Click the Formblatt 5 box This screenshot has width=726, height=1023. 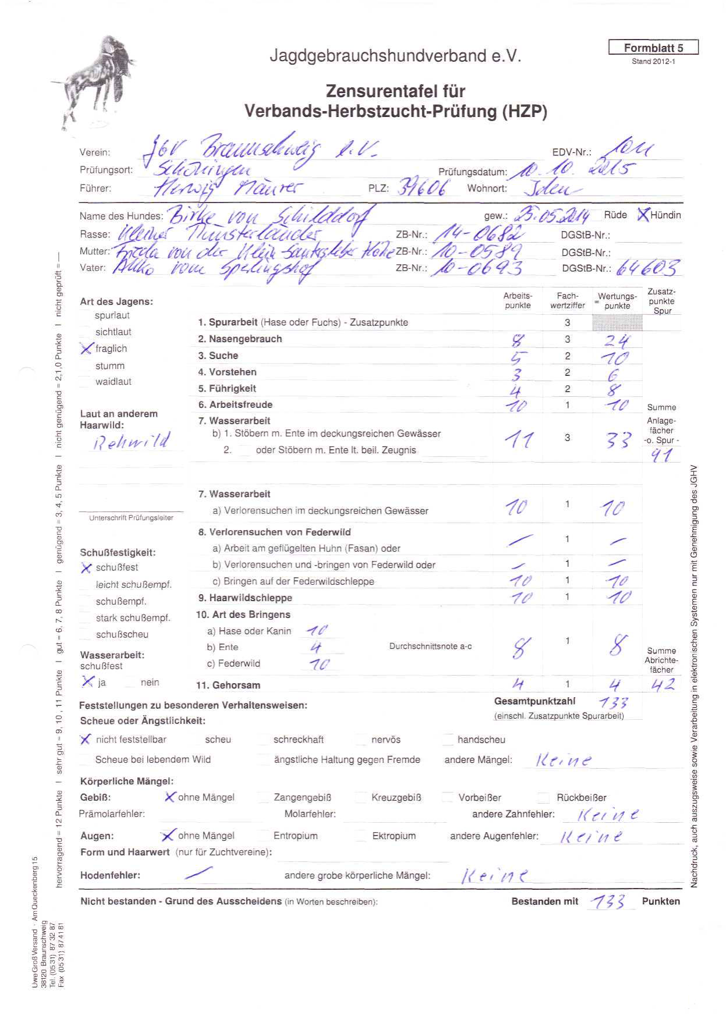(653, 48)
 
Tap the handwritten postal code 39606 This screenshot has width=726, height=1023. (424, 187)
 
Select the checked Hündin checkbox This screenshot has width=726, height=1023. (642, 215)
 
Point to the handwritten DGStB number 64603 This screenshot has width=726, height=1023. (647, 268)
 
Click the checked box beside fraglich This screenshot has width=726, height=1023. (87, 348)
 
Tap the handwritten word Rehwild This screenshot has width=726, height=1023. (132, 441)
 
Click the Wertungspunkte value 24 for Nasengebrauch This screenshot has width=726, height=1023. (616, 340)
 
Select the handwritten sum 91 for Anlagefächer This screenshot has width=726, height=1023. (661, 455)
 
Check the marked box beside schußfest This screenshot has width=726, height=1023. (87, 567)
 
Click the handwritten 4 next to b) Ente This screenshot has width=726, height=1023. (316, 647)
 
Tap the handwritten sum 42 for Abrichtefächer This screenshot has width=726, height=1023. (663, 685)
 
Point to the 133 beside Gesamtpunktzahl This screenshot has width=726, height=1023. (613, 702)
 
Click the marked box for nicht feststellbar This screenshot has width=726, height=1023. (86, 739)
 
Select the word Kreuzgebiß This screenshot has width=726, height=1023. (396, 797)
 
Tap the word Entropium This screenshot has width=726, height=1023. (296, 836)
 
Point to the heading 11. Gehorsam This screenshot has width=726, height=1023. (228, 685)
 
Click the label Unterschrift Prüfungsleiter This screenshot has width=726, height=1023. (131, 517)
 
